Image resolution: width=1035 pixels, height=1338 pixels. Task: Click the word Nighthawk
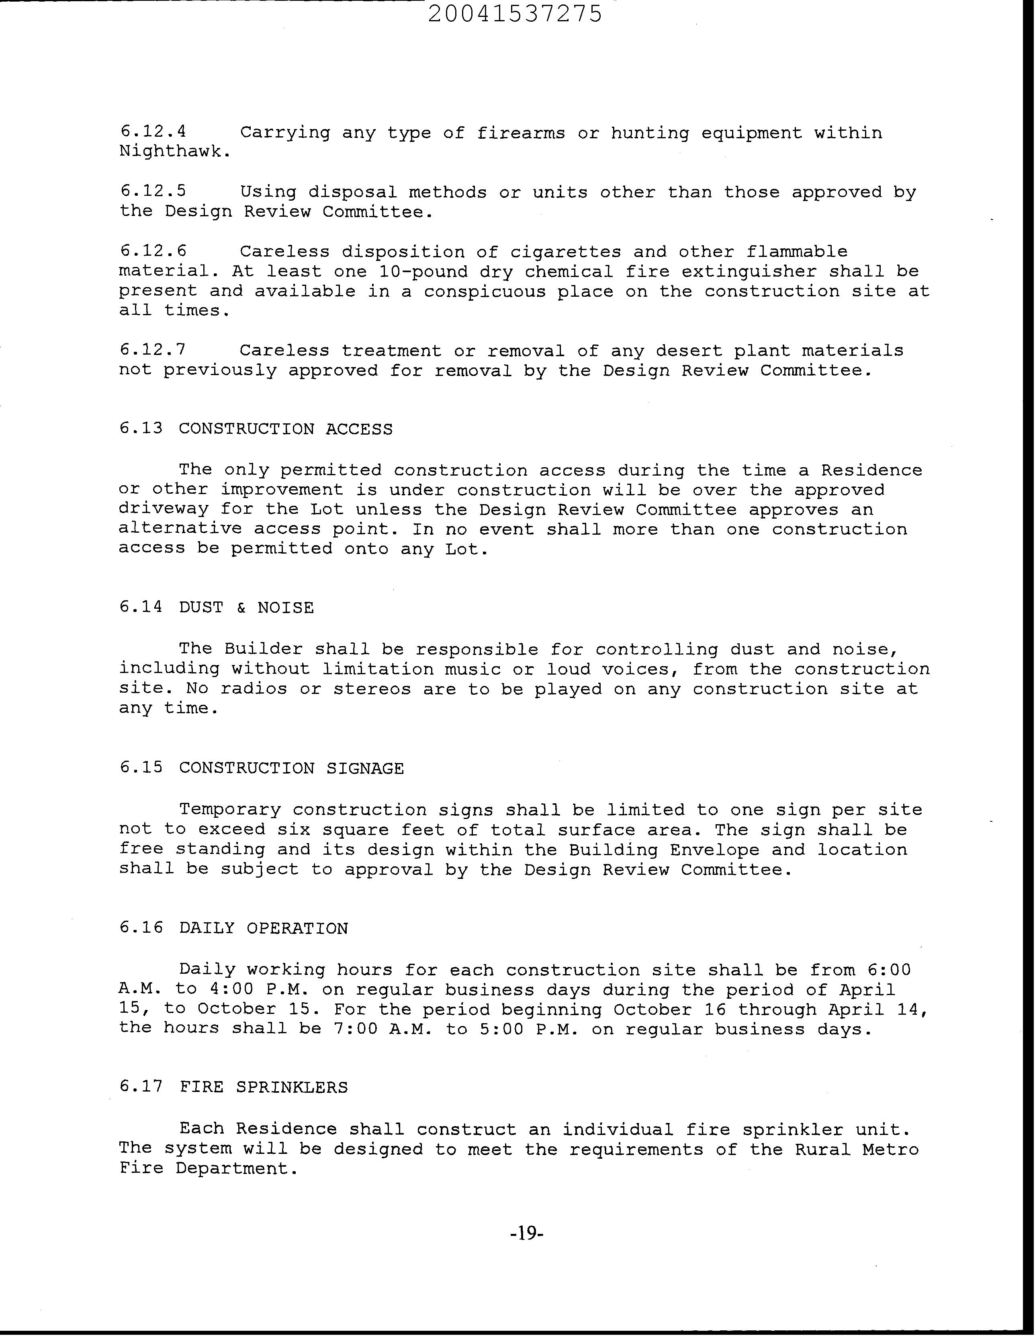pos(174,152)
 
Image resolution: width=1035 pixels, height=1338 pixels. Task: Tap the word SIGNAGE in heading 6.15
pos(365,768)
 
